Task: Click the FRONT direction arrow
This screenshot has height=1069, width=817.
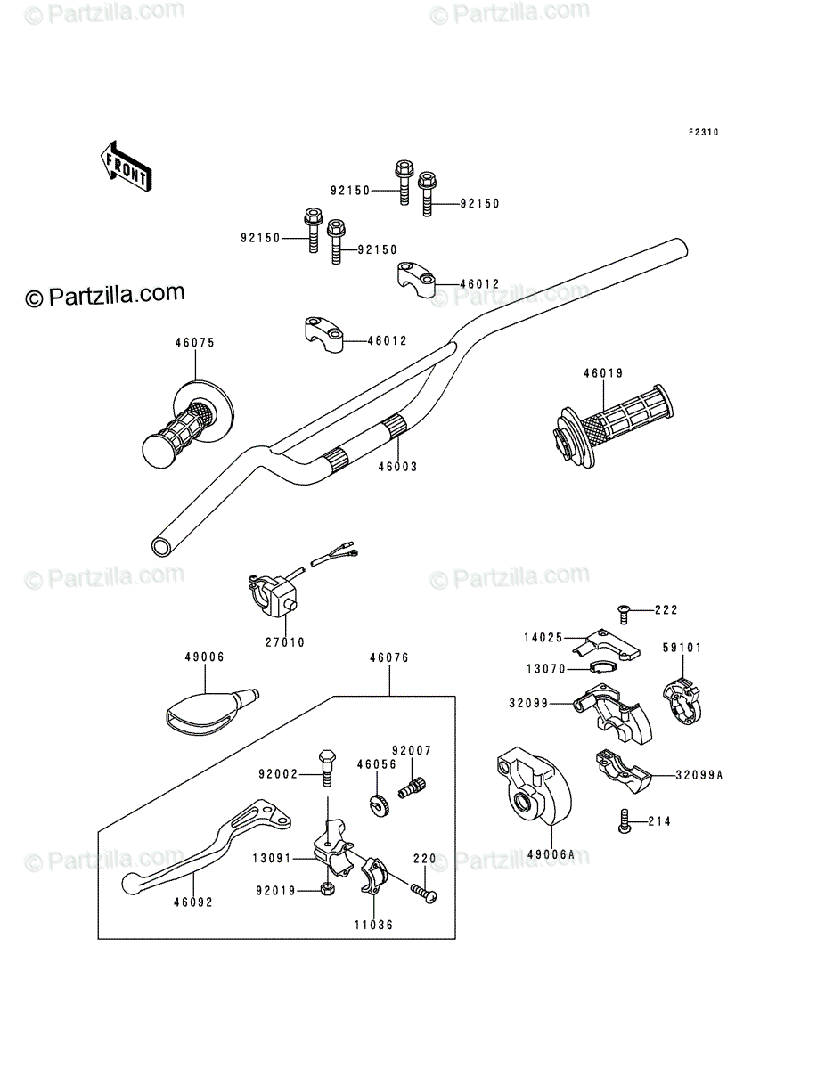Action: (127, 166)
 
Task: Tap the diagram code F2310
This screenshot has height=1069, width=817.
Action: (703, 132)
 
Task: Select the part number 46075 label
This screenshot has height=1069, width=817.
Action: (195, 343)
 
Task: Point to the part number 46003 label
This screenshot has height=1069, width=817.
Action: (397, 467)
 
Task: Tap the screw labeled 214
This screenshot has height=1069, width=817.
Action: (625, 820)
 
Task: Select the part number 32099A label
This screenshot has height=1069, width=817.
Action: (699, 775)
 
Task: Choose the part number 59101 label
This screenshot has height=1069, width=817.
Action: (682, 648)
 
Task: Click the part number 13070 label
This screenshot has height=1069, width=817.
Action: (546, 669)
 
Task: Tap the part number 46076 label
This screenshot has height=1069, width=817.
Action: (389, 657)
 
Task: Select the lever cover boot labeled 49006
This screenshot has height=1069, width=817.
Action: (211, 712)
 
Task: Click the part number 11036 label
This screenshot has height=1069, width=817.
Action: (373, 925)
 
